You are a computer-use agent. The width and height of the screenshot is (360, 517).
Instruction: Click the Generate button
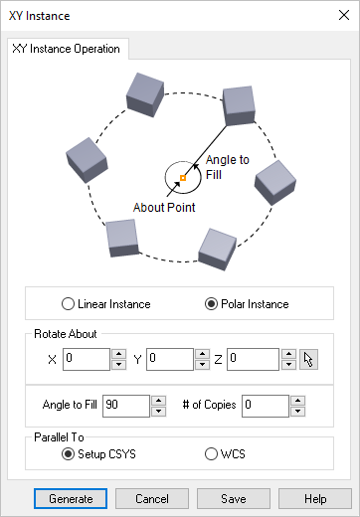point(70,497)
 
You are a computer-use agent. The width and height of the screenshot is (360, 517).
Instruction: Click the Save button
point(234,497)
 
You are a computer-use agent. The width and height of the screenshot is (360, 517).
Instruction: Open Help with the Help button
point(315,497)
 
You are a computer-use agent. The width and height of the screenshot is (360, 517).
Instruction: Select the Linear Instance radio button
point(69,303)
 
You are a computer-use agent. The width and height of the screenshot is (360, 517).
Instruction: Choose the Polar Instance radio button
point(211,303)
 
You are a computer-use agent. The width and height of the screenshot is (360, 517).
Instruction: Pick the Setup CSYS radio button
point(69,454)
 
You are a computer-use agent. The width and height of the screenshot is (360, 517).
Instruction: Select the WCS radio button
point(211,454)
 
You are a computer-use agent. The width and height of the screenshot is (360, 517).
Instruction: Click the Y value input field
point(169,358)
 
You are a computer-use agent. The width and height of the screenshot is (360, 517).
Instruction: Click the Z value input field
point(253,358)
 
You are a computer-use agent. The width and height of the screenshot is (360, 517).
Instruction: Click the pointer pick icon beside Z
point(309,358)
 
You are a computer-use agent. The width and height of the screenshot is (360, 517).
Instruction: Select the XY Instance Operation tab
point(67,48)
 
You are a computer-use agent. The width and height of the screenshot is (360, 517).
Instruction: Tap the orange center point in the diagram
point(182,178)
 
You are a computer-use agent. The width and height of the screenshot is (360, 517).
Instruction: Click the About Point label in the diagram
point(164,208)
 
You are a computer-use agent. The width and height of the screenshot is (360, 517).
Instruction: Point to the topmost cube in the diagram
point(144,92)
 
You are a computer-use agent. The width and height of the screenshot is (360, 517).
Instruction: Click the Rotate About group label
point(65,334)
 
